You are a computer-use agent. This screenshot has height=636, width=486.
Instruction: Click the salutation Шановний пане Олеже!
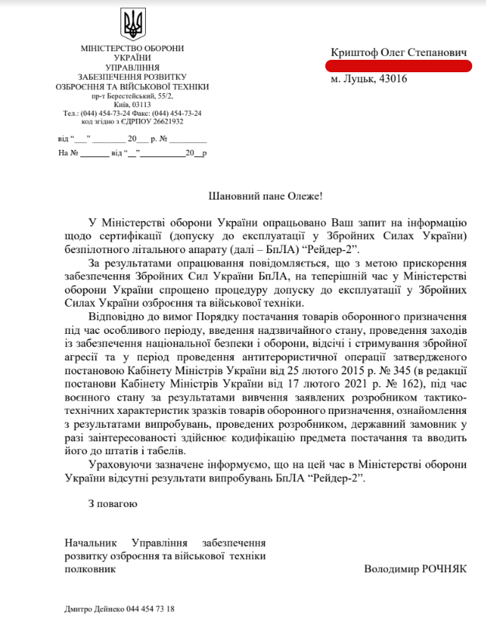[x=266, y=198]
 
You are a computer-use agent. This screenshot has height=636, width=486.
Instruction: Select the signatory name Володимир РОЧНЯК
[x=415, y=568]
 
